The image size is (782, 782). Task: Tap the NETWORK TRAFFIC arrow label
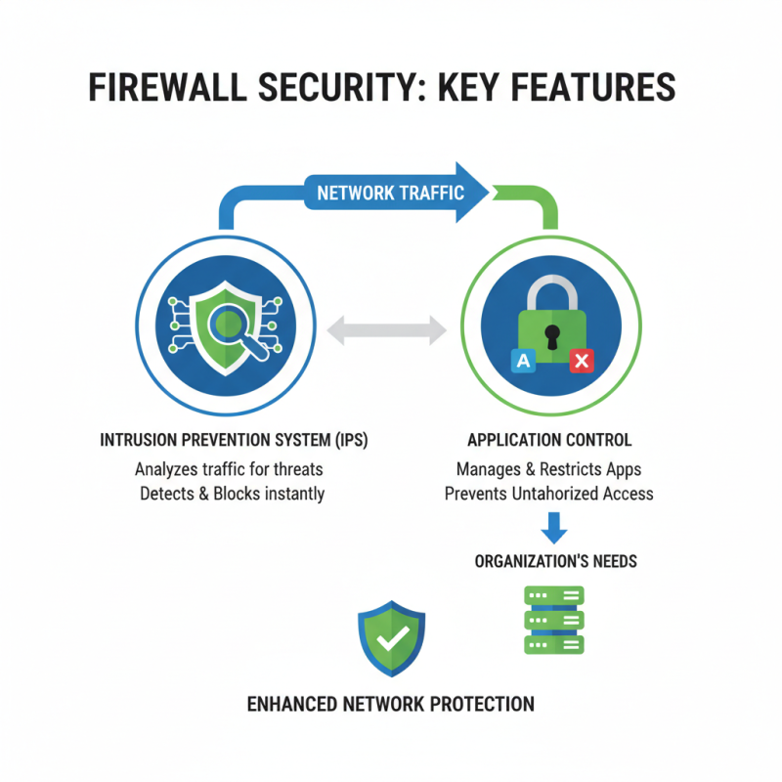390,193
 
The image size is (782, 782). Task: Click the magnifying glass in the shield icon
236,326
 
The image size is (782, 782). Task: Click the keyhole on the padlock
552,336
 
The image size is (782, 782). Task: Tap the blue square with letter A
523,362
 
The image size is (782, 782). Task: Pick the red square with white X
582,362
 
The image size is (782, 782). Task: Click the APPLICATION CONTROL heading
548,441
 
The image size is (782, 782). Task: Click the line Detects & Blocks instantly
232,494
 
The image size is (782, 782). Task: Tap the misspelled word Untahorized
553,494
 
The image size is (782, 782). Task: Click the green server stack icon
554,620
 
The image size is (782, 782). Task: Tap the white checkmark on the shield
392,638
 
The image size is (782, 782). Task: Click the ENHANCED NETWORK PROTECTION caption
390,704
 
